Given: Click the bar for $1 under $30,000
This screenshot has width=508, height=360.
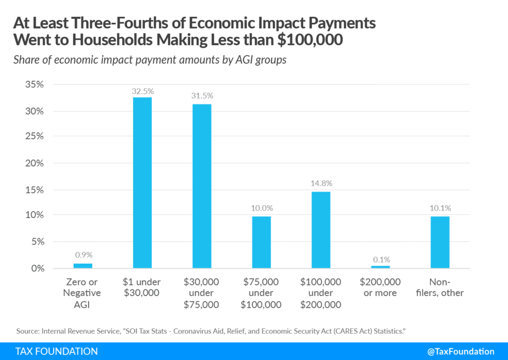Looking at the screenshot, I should (142, 183).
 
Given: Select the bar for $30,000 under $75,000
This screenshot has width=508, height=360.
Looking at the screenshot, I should (201, 186).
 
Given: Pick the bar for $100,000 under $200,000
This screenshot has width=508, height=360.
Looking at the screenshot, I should (320, 230).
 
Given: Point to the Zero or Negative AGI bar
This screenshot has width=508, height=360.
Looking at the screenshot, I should (82, 266).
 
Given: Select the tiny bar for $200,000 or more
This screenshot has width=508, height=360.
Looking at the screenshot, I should (380, 267).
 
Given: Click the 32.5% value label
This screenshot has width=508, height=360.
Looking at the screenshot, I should (142, 91).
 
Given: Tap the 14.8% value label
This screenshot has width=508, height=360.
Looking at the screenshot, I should (320, 183).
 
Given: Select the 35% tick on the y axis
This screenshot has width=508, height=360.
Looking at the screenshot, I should (35, 84).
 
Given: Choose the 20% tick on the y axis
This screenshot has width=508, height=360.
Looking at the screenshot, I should (35, 163).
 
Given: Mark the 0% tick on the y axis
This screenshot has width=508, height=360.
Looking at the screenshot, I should (37, 269).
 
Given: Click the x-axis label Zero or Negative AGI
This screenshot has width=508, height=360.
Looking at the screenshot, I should (82, 293).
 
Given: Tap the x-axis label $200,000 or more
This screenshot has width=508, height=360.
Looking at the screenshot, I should (380, 288).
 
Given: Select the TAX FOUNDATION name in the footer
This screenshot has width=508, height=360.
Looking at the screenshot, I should (57, 352).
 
